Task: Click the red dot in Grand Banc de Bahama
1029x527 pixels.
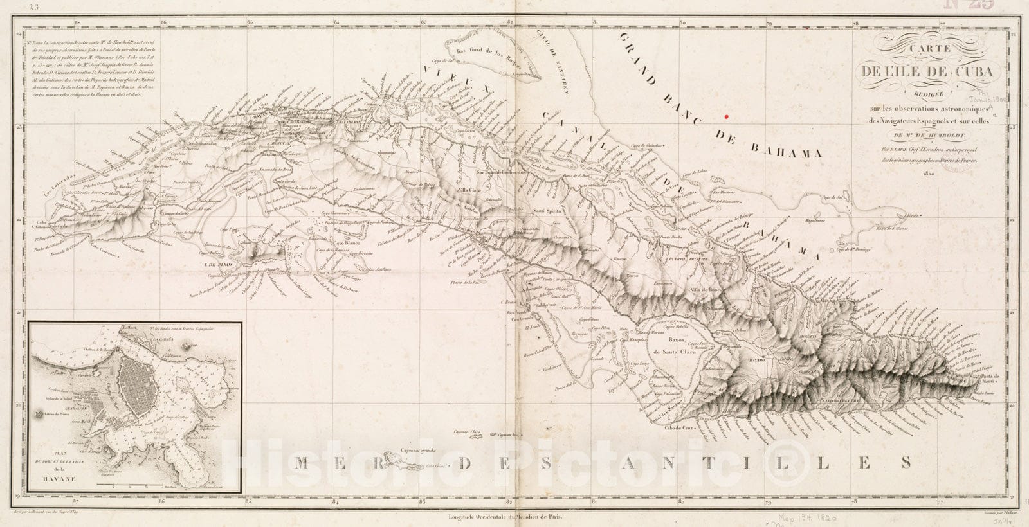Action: pyautogui.click(x=726, y=116)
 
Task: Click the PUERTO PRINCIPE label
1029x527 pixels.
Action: pyautogui.click(x=684, y=259)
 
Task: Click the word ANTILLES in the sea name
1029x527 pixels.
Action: pyautogui.click(x=759, y=461)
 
